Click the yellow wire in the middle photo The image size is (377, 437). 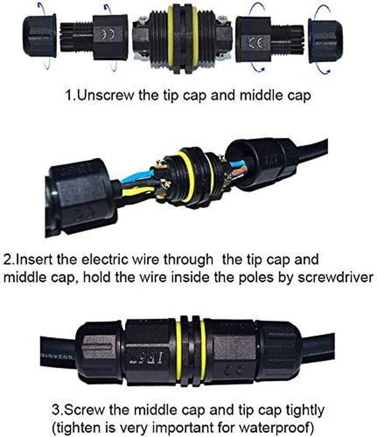137,190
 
